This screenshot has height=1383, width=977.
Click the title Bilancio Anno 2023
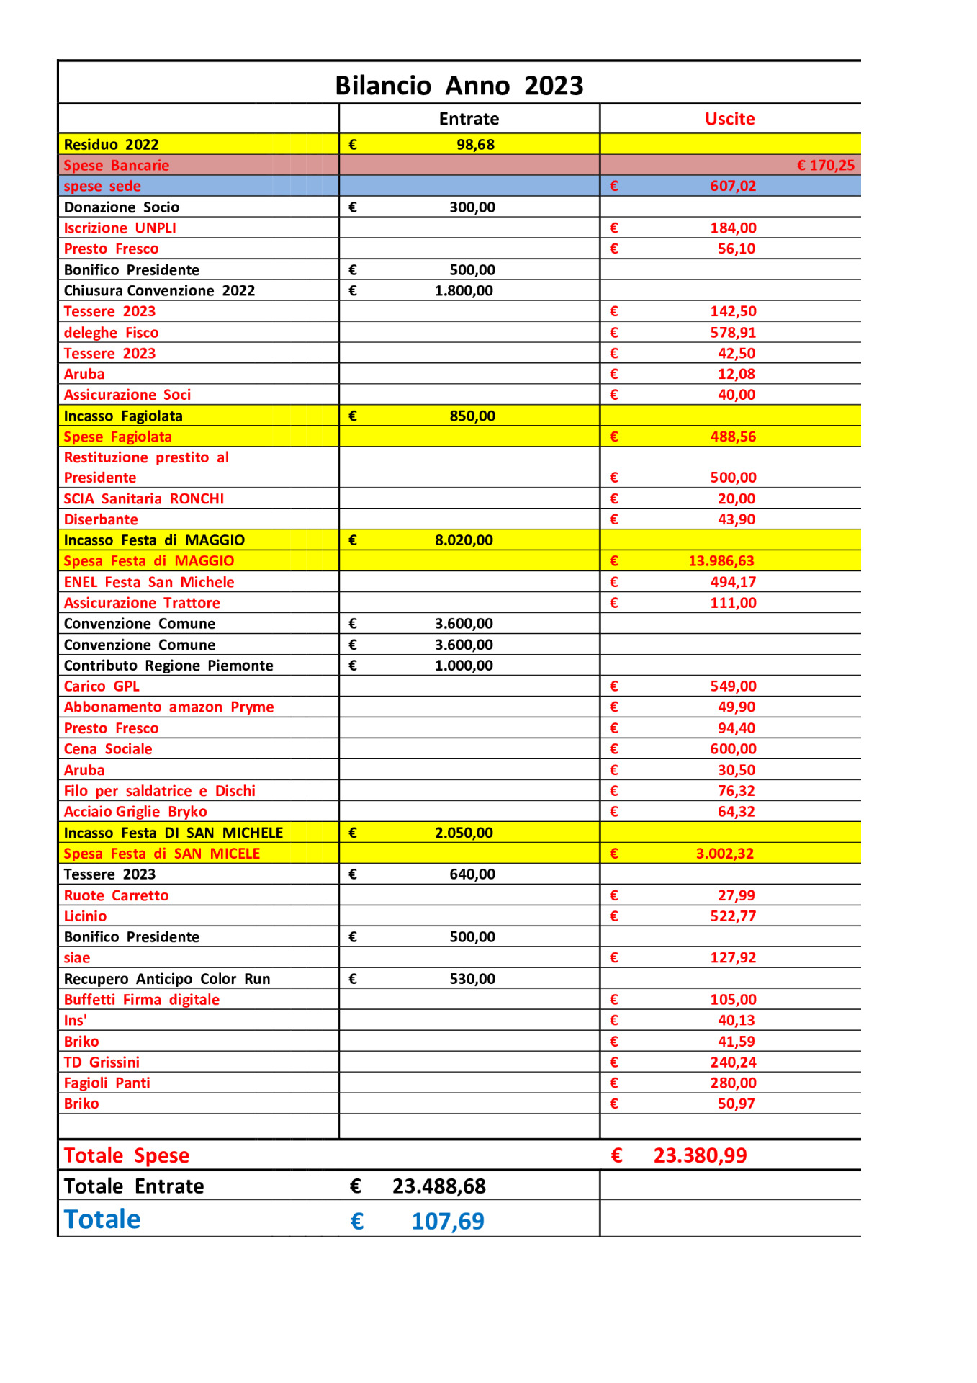[x=459, y=86]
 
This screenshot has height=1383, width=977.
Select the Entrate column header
[x=469, y=119]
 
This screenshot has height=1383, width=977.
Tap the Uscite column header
[x=729, y=119]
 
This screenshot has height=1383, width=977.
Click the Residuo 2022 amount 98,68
[x=475, y=145]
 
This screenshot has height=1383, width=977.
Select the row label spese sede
[x=102, y=187]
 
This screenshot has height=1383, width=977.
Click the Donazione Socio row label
[x=121, y=207]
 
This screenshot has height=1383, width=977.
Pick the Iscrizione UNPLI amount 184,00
[x=733, y=228]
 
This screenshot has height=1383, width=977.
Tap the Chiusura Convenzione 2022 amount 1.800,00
[x=464, y=291]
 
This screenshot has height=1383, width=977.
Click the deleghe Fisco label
[x=111, y=333]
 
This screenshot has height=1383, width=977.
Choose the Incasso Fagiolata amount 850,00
[x=472, y=416]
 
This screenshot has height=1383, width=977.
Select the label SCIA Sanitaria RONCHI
[x=143, y=499]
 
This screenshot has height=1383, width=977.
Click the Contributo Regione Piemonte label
[x=168, y=666]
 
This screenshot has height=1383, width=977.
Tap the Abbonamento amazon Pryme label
[x=168, y=707]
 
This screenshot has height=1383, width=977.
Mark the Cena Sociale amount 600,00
[x=733, y=749]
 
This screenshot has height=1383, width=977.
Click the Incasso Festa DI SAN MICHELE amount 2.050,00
[x=464, y=833]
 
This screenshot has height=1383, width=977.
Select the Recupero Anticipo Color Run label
[x=167, y=979]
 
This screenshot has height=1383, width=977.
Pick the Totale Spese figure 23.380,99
[x=700, y=1155]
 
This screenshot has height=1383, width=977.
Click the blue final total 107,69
[x=447, y=1222]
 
